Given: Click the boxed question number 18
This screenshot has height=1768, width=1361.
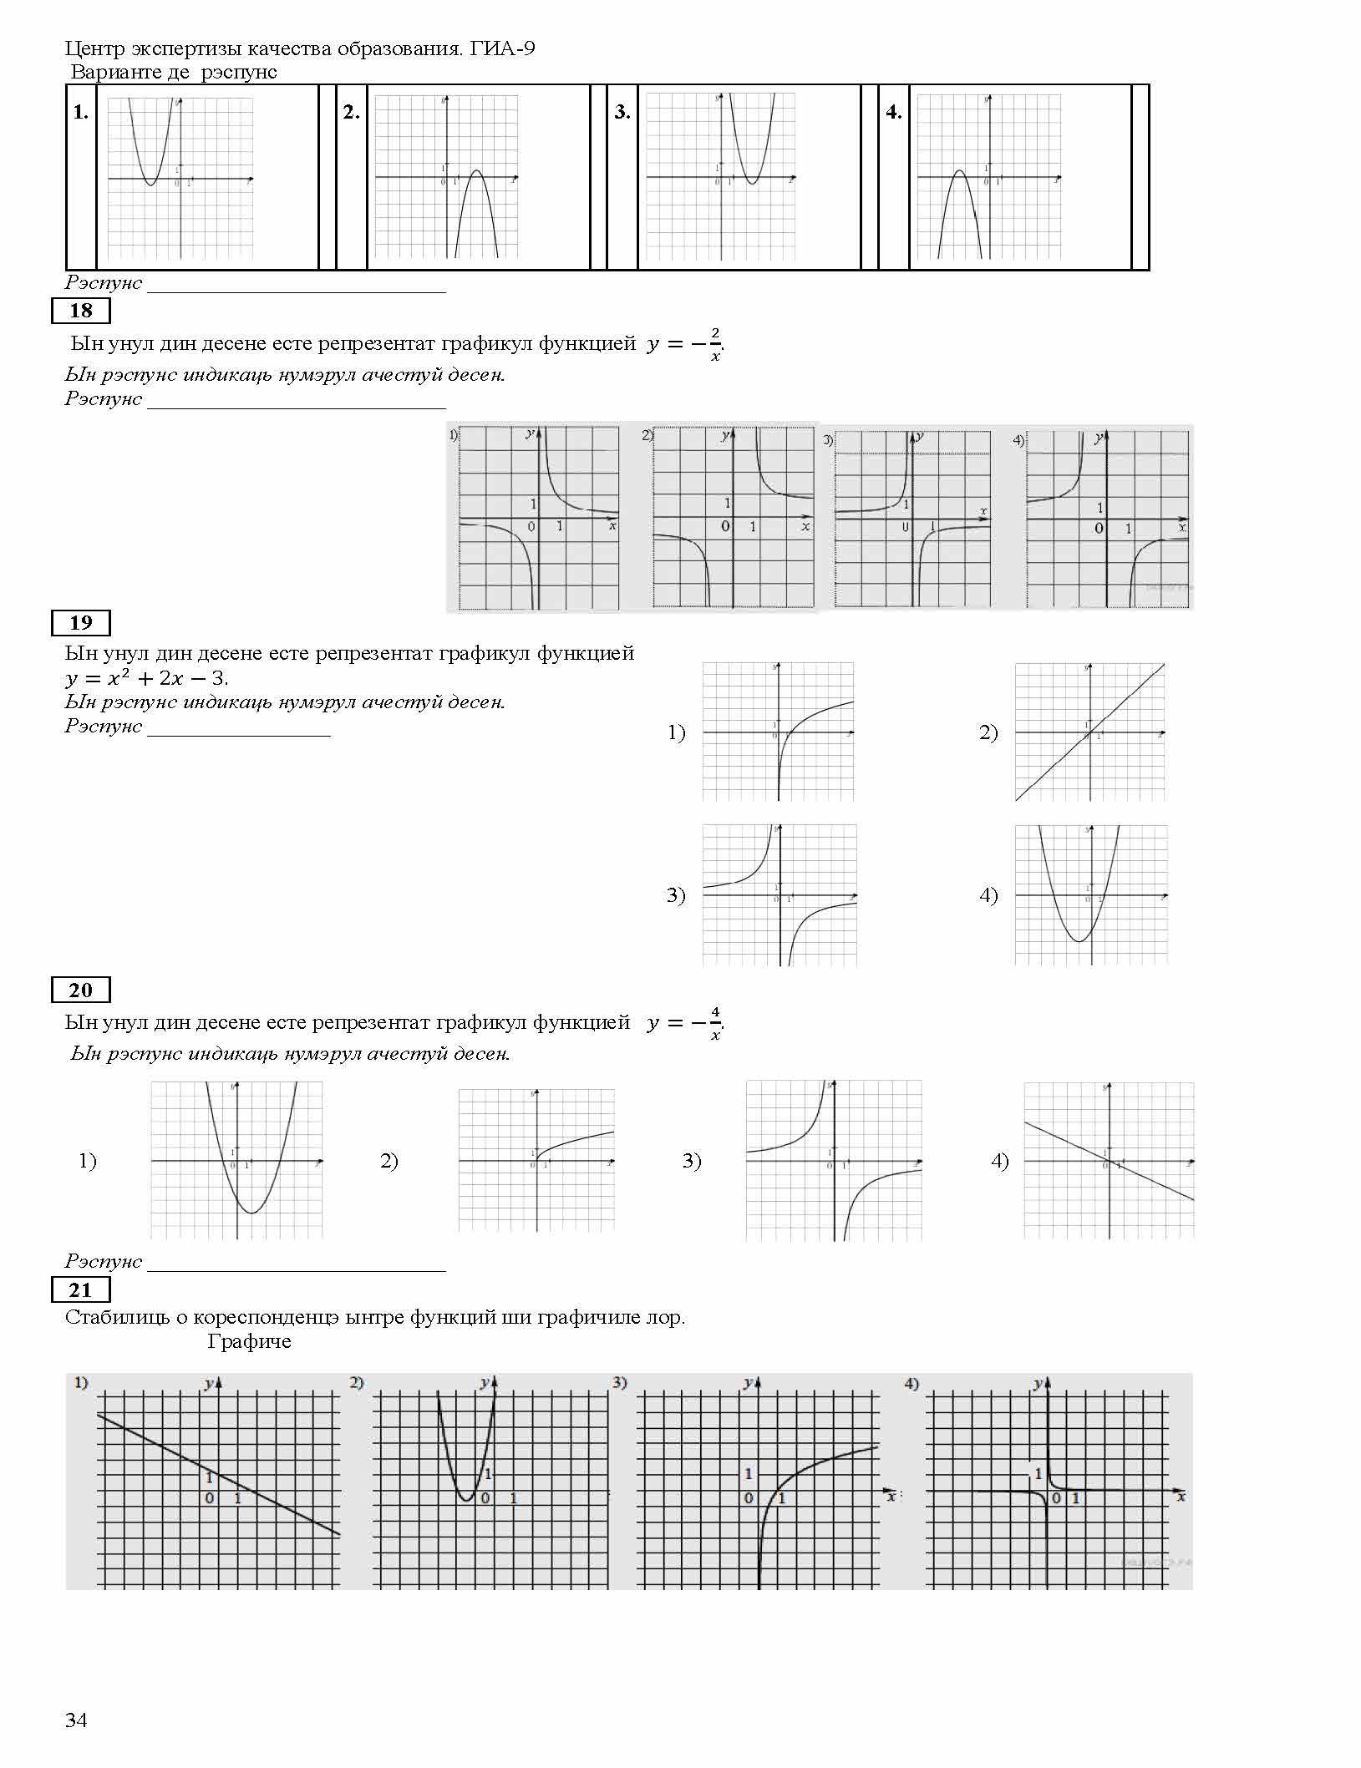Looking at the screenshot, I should point(80,311).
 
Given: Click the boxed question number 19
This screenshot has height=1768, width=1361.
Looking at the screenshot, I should point(80,623).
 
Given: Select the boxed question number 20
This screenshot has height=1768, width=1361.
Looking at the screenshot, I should point(80,990).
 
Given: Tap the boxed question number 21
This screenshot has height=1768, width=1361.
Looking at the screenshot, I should point(80,1290).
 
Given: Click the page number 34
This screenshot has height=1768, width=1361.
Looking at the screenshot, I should point(76,1720).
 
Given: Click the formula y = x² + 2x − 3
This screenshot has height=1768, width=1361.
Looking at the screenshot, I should point(146,677).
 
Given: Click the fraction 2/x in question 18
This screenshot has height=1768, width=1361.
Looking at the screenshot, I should point(715,344).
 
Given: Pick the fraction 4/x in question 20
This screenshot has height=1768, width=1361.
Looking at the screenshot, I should point(715,1023).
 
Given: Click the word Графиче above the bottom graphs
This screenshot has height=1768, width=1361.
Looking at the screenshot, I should point(249,1341).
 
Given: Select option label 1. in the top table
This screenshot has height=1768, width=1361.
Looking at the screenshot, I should point(80,112).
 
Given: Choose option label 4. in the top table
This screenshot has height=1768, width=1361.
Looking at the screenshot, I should point(893,112).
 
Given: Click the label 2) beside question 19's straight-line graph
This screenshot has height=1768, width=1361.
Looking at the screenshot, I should point(988,732).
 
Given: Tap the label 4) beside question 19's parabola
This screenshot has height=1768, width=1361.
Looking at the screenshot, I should point(988,895).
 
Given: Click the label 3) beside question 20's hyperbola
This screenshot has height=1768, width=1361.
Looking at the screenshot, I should point(691,1161).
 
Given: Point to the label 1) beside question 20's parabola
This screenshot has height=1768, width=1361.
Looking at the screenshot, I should point(88,1161).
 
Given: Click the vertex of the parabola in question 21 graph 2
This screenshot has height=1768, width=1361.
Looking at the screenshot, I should point(467,1501).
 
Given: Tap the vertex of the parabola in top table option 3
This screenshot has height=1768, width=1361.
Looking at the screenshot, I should point(752,184).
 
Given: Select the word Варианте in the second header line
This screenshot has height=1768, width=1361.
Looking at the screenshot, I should point(116,72).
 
